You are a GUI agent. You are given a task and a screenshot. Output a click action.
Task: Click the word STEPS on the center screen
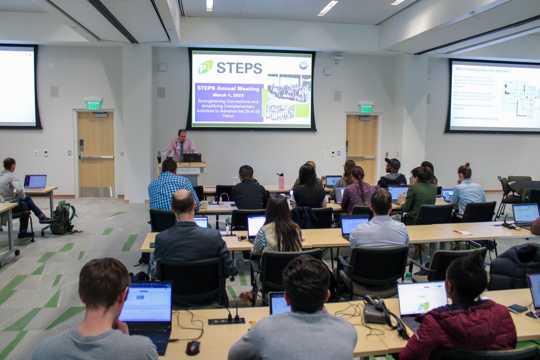[x=239, y=68]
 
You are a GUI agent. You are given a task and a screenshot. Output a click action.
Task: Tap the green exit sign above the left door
[x=94, y=105]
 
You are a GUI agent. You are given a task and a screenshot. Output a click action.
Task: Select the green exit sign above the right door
[x=365, y=108]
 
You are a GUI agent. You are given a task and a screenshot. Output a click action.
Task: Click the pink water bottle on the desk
[x=281, y=181]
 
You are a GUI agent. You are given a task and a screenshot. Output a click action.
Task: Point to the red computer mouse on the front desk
[x=193, y=347]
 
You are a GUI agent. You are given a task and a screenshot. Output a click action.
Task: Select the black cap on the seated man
[x=393, y=163]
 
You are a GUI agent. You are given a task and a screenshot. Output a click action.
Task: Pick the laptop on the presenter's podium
[x=192, y=157]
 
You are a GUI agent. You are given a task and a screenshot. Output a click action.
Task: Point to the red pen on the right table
[x=461, y=232]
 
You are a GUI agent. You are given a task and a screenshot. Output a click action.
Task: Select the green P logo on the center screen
[x=205, y=67]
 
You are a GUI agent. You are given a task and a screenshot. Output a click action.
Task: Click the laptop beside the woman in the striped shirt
[x=35, y=181]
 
